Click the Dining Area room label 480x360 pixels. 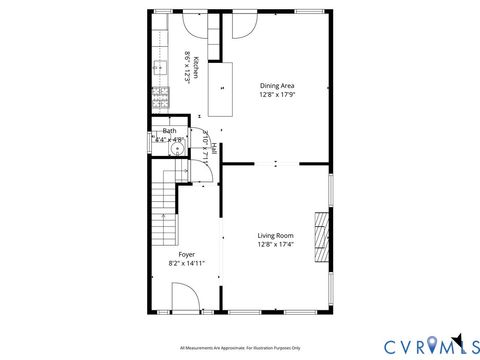[277, 86]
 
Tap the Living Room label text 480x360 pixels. [275, 235]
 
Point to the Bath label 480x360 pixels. [170, 131]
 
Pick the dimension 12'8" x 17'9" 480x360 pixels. [277, 96]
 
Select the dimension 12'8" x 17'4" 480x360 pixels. [275, 244]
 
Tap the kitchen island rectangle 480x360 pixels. [221, 88]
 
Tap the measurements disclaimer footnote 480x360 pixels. [240, 348]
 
